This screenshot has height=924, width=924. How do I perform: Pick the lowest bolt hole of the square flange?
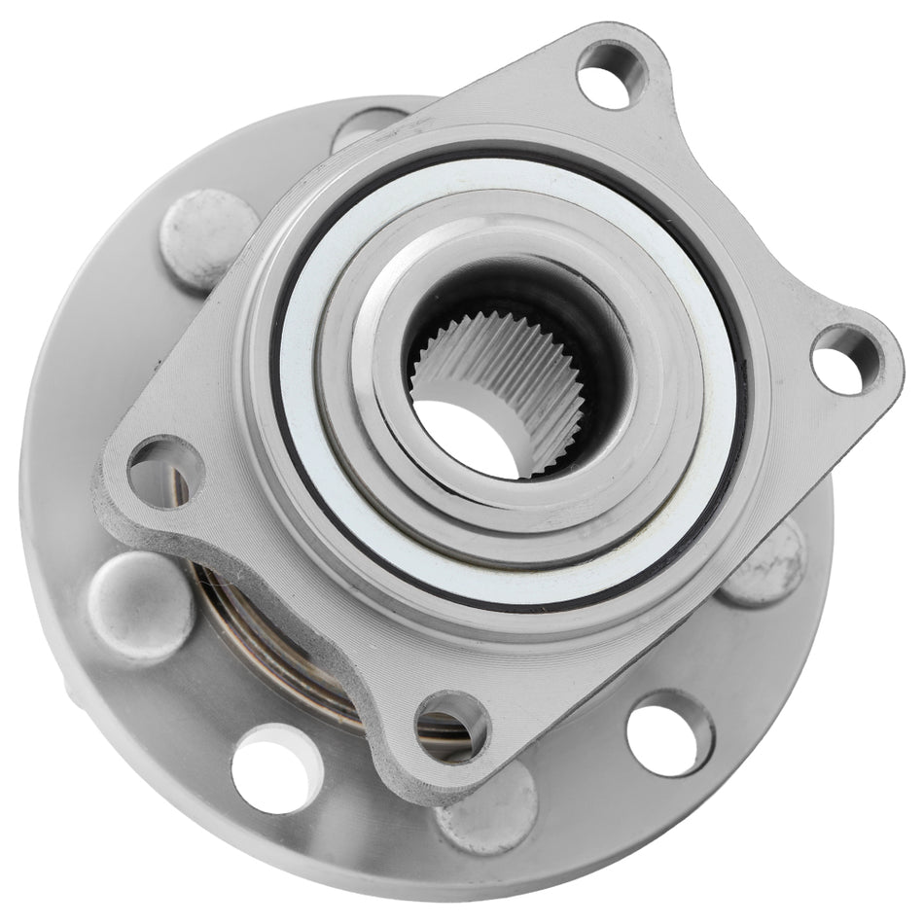(449, 726)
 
